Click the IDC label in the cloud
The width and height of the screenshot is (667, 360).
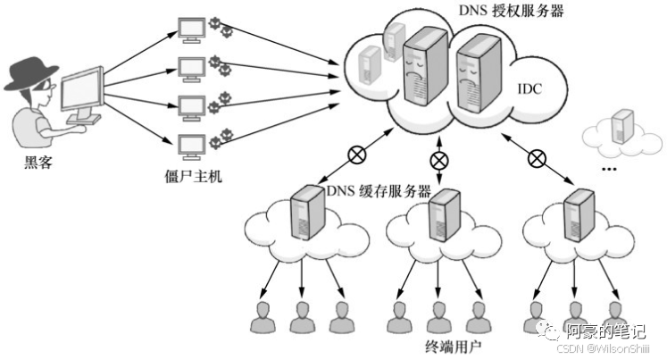tap(529, 89)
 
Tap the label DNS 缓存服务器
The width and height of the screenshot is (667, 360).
tap(379, 190)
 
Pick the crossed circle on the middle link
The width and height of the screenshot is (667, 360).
tap(439, 161)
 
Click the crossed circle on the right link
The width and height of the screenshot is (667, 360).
tap(536, 158)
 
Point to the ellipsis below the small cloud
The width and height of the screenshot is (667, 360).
tap(611, 167)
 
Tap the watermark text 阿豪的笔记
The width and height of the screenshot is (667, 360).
tap(604, 331)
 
